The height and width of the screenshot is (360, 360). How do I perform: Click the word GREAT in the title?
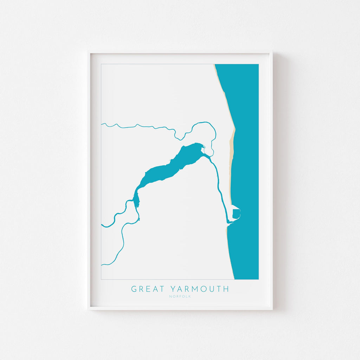148,289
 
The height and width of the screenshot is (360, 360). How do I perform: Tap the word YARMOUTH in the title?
199,289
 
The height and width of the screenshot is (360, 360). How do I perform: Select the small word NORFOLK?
180,296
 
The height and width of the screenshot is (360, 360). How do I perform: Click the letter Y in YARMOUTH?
173,289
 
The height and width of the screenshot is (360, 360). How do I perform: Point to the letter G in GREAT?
134,289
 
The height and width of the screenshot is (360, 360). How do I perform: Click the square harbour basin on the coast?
236,213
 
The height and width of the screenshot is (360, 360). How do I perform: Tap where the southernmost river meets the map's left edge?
102,264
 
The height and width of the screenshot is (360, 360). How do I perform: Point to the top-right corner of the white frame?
271,52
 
